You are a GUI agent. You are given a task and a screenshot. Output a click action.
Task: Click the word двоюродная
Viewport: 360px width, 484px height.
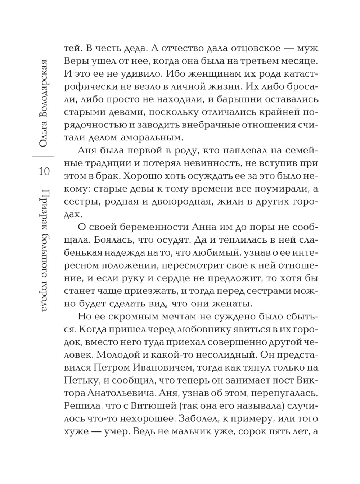(180, 201)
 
